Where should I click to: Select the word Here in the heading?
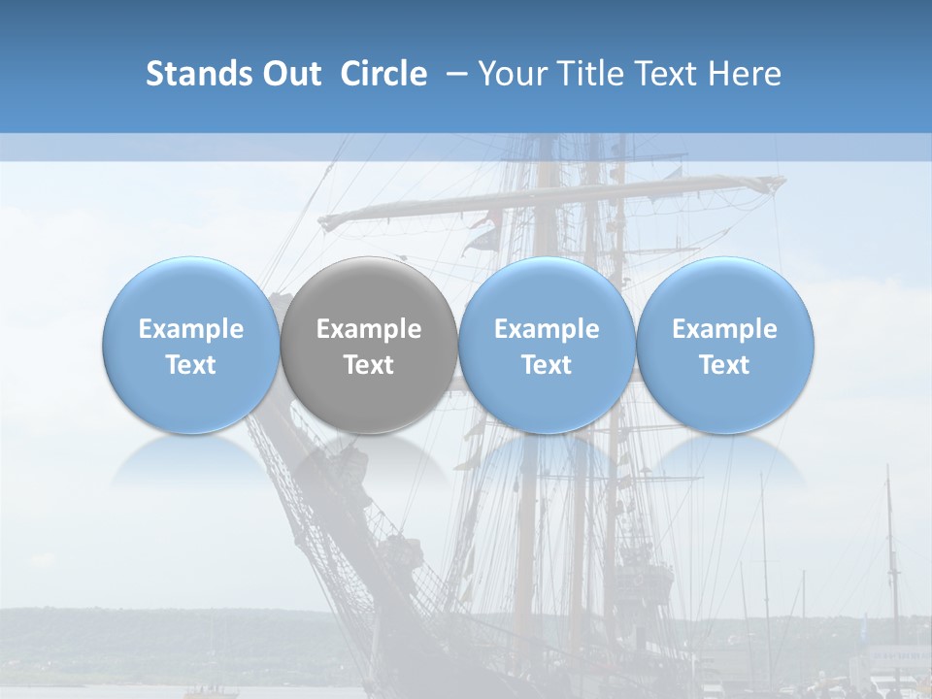pyautogui.click(x=746, y=74)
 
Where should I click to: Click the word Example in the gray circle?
pyautogui.click(x=369, y=329)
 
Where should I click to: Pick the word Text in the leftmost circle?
pyautogui.click(x=190, y=365)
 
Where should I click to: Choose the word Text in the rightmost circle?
pyautogui.click(x=725, y=365)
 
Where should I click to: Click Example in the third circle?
pyautogui.click(x=547, y=329)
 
